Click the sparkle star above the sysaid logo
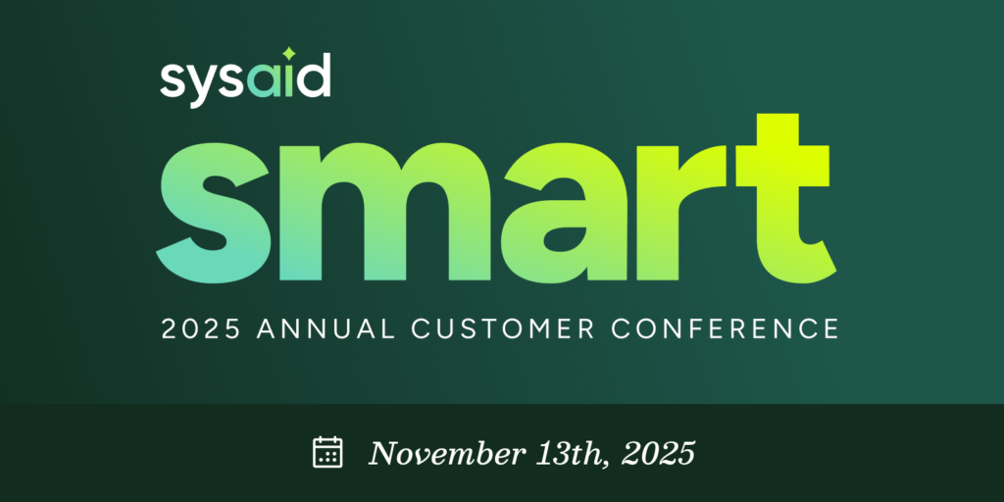coord(289,53)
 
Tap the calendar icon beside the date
coord(327,452)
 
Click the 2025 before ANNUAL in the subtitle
coord(200,328)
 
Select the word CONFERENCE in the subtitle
coord(725,328)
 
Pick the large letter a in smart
coord(564,213)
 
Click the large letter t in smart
coord(785,198)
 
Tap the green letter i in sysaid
coord(289,80)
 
